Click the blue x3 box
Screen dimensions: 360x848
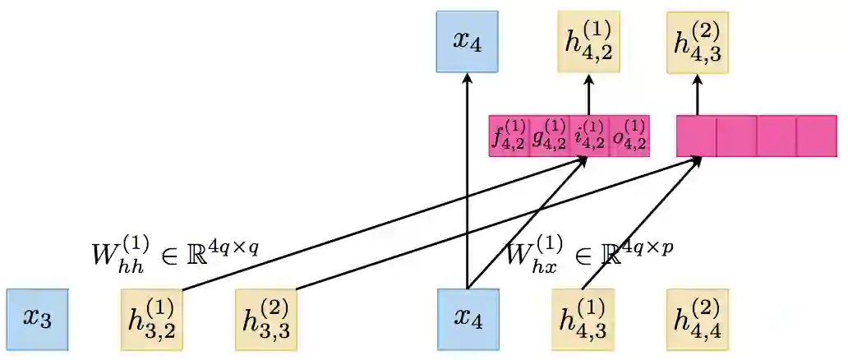click(37, 319)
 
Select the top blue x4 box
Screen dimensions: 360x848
click(468, 42)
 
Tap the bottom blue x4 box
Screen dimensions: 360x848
click(468, 319)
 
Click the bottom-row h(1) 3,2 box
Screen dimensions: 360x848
click(151, 319)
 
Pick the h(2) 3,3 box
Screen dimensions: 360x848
click(266, 319)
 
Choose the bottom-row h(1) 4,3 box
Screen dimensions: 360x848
click(583, 319)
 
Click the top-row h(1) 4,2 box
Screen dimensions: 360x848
click(588, 42)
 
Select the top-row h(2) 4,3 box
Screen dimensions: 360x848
click(698, 42)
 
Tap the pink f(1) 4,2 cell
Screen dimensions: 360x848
click(509, 136)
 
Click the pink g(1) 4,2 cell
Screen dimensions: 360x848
click(549, 136)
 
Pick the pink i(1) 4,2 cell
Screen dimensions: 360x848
click(589, 136)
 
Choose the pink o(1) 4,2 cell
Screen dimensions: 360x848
click(629, 136)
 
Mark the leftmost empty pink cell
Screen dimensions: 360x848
click(697, 136)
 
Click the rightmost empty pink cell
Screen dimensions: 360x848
click(817, 136)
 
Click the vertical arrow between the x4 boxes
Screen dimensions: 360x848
click(468, 181)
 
